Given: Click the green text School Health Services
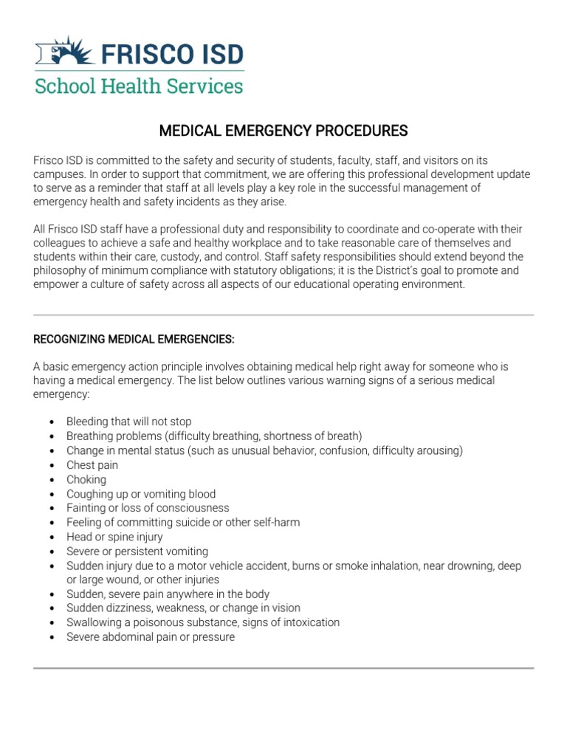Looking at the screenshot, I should click(x=139, y=86).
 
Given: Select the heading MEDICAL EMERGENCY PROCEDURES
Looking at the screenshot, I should click(x=283, y=131).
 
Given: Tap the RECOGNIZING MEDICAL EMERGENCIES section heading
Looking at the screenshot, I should click(x=134, y=339).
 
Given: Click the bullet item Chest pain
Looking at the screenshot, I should click(x=92, y=465).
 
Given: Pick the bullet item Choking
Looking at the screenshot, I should click(x=86, y=479).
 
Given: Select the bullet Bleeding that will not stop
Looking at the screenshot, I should click(x=128, y=422).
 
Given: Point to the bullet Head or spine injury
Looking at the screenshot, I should click(x=114, y=537).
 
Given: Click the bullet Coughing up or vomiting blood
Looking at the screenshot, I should click(x=141, y=494).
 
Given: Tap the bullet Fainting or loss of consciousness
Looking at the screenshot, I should click(x=148, y=508).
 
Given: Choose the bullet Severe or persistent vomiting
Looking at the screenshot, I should click(x=137, y=551).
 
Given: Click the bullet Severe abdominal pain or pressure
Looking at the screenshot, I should click(x=151, y=636).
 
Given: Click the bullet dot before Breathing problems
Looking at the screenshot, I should click(x=50, y=436).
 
